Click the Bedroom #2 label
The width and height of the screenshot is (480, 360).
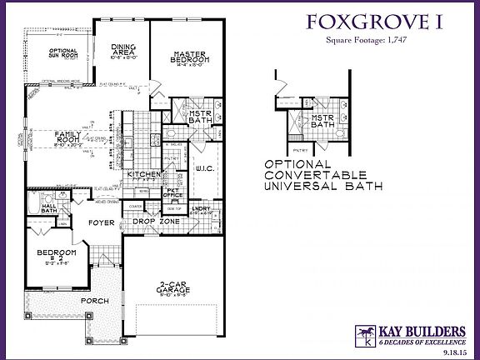(57, 255)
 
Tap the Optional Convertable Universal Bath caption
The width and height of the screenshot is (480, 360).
(322, 175)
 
